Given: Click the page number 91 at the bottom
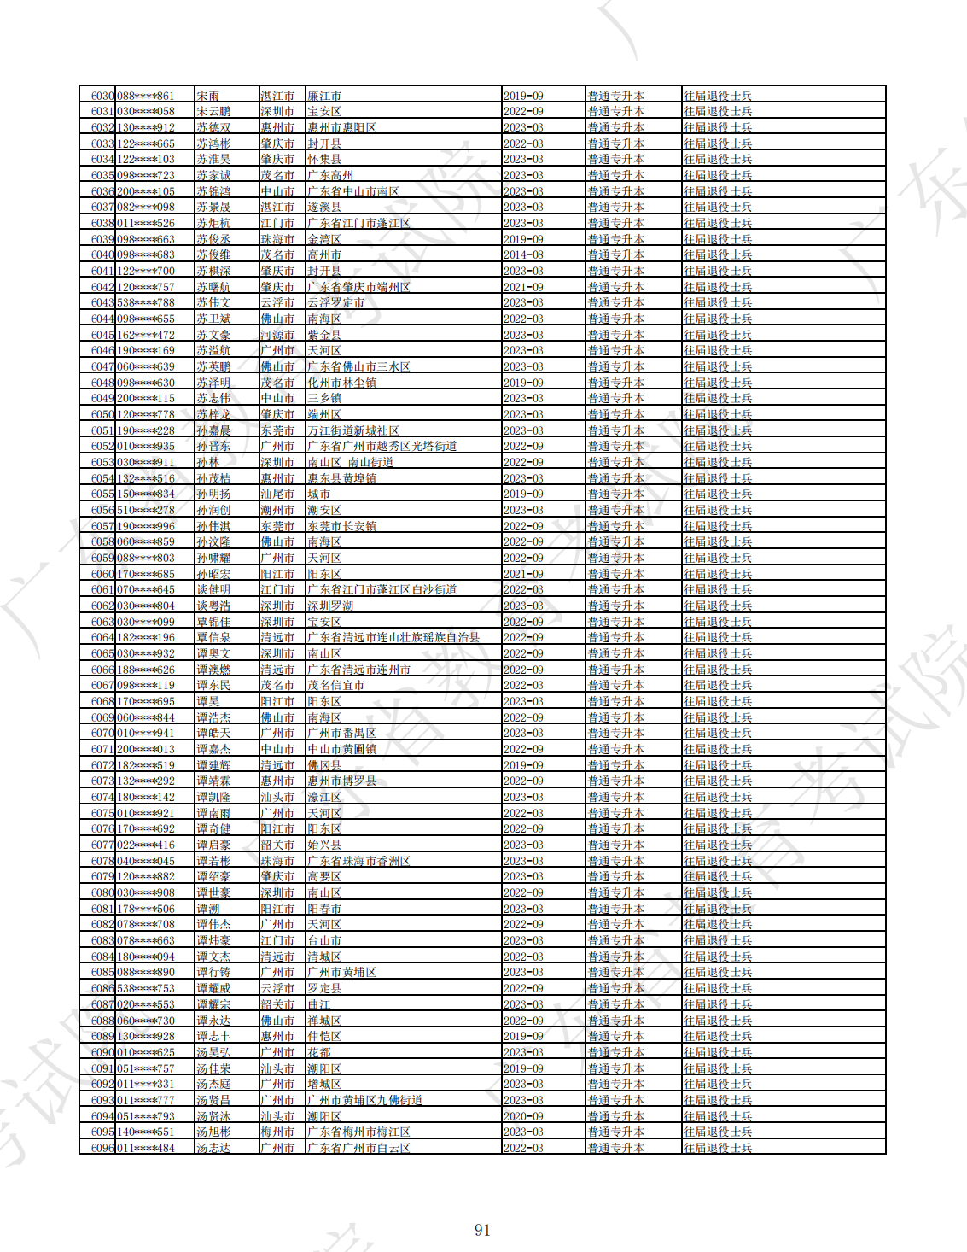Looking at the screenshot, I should pos(482,1230).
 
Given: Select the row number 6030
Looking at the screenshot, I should pos(102,97).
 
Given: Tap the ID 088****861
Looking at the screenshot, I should pos(145,97).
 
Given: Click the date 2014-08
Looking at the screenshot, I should pos(523,255).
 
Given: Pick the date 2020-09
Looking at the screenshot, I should pos(523,1116).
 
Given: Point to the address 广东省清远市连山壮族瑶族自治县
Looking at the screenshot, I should pos(393,638).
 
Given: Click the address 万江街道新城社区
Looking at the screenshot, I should pos(353,431).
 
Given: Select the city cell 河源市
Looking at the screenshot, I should pos(277,336).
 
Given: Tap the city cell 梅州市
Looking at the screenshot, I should pos(277,1132).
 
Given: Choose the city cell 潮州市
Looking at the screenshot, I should pos(277,511).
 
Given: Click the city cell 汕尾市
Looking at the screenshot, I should pos(277,494).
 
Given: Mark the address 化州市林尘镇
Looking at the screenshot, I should pos(342,383).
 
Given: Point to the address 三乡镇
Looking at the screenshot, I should pos(324,399).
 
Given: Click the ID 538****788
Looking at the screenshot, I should pos(145,303).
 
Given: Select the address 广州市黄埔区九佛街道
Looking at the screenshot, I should pos(365,1101).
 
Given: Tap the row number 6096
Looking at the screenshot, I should pos(102,1149).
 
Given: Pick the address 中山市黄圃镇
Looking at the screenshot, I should pos(342,750).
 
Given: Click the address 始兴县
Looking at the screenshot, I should pos(324,845).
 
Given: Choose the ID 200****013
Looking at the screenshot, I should pos(145,750).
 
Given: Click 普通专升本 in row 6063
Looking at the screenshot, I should pos(615,623).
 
